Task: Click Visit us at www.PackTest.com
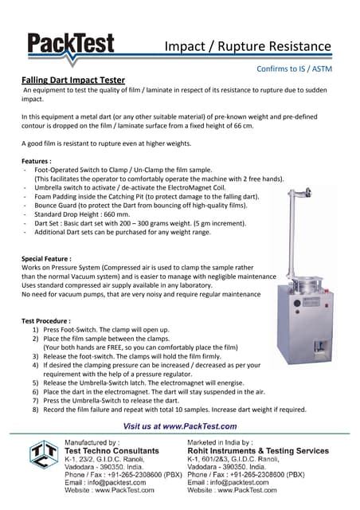coord(180,427)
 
